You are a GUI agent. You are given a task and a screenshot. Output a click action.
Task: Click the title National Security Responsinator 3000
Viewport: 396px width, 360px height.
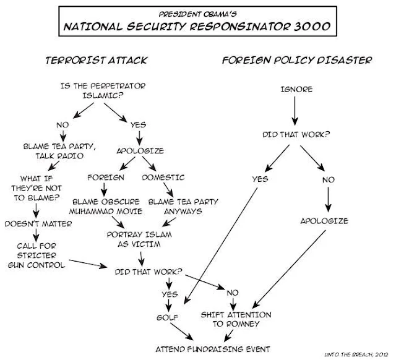197,27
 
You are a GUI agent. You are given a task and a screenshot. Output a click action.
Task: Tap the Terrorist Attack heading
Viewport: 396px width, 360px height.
97,61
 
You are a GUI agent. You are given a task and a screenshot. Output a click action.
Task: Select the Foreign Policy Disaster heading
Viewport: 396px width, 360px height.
297,61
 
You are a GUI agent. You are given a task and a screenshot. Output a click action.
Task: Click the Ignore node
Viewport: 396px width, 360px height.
297,89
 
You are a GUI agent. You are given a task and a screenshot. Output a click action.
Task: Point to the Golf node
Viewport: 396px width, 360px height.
167,317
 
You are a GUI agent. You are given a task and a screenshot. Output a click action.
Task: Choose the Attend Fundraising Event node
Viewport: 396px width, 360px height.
213,349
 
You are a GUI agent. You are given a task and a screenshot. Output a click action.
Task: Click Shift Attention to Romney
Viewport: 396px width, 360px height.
236,319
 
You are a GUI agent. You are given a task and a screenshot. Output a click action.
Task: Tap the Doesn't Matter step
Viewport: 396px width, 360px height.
38,224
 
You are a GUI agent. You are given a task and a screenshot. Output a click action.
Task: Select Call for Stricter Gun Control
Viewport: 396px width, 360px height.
37,255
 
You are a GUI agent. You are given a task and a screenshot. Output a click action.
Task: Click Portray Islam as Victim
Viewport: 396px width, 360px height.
139,239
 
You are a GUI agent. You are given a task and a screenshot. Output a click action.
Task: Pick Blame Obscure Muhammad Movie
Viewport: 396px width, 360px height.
106,207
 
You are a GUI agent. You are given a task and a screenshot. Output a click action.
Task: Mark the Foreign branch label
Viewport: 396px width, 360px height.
106,178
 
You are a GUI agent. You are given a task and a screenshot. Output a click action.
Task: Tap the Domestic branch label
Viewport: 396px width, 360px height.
163,178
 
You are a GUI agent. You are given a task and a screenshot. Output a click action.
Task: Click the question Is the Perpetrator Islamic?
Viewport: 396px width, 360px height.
103,91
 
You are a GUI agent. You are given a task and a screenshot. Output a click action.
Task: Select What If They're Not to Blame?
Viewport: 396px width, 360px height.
37,188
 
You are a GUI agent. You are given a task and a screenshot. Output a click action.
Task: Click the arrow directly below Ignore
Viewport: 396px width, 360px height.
295,111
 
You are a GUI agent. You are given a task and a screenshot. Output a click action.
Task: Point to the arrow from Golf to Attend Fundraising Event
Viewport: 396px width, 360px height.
182,332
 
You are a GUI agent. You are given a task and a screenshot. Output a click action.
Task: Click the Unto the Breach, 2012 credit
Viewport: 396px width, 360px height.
356,354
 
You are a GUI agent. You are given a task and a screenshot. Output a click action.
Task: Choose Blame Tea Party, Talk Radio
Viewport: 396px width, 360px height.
59,151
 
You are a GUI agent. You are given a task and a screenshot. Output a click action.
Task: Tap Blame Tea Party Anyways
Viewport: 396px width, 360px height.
183,207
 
